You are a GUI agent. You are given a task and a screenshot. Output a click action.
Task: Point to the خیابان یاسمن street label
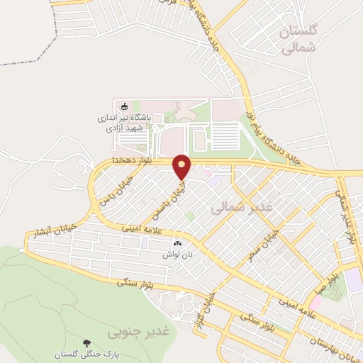164,199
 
